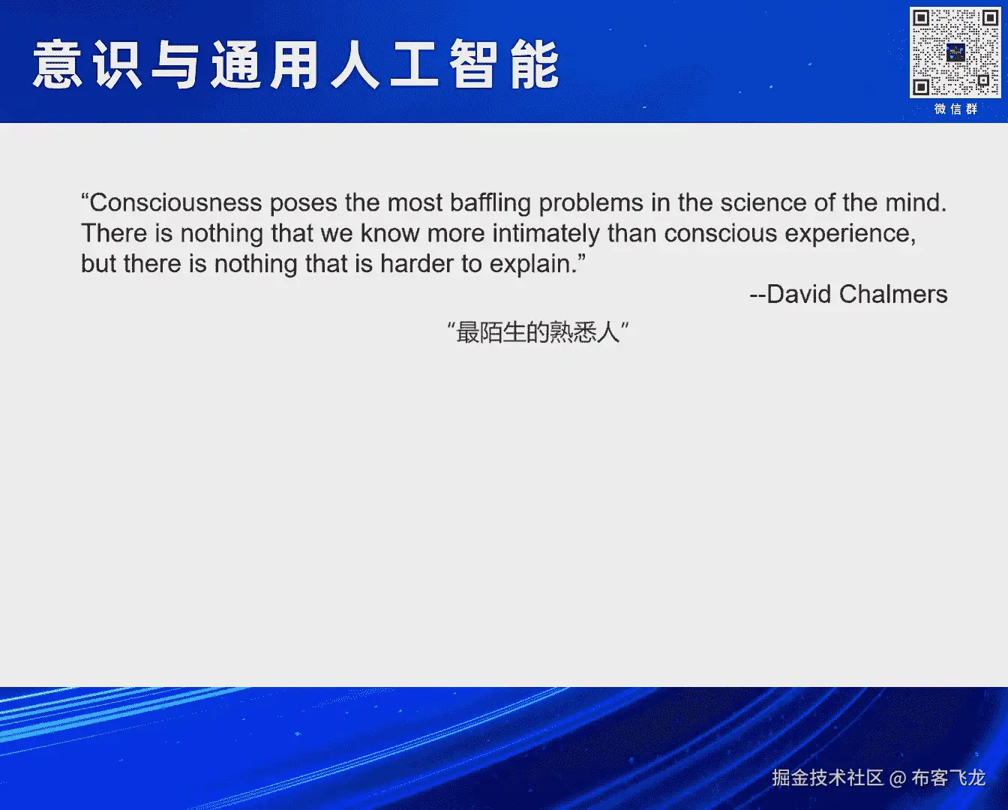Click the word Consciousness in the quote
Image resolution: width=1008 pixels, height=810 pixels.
pos(175,202)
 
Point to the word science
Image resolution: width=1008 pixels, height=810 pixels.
pos(763,202)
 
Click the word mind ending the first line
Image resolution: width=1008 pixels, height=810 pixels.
pos(916,202)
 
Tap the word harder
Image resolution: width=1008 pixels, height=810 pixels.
pos(416,264)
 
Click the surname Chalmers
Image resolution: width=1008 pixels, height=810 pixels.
pos(893,294)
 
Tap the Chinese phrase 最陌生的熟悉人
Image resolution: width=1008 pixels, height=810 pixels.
pos(538,332)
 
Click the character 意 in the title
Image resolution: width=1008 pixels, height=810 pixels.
pos(57,64)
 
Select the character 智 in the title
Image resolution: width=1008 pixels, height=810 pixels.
pos(473,64)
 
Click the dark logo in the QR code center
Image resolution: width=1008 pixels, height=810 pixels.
pos(955,52)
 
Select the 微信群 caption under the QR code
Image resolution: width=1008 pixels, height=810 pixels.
pos(955,109)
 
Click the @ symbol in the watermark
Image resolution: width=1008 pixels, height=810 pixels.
pos(898,778)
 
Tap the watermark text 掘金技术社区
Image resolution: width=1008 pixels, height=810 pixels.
pos(828,778)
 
